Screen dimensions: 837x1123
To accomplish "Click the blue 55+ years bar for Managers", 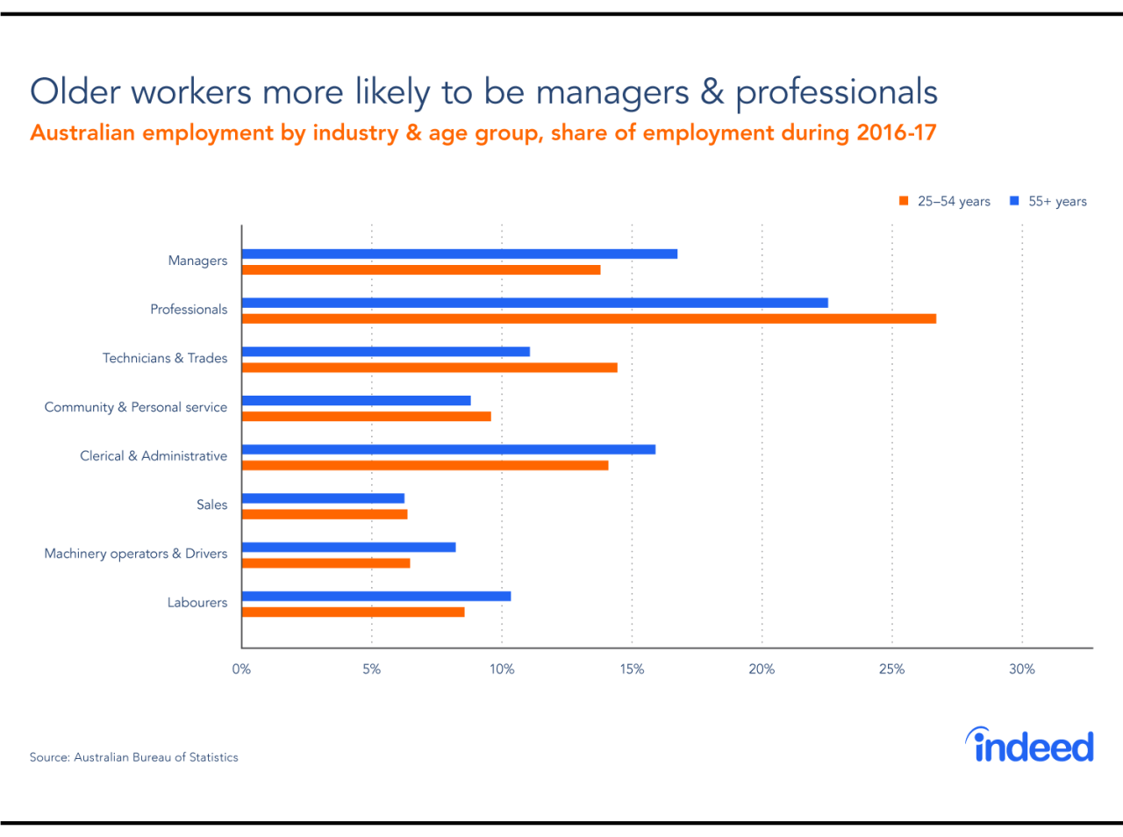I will coord(459,254).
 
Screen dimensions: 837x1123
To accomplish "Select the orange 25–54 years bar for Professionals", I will coord(589,318).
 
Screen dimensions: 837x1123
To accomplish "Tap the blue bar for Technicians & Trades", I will coord(385,352).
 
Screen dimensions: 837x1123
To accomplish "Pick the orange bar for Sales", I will coord(325,514).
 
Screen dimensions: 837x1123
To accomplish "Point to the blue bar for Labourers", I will coord(376,597).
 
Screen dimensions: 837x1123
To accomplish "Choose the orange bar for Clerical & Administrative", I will coord(425,465).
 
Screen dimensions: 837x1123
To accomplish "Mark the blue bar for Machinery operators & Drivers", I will coord(348,547).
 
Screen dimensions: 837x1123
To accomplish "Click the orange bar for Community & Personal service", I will coord(366,416).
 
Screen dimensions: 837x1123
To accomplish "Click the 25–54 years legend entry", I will coord(945,202).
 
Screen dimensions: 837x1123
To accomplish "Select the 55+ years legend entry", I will coord(1048,202).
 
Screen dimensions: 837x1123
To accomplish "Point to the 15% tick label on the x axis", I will coord(632,669).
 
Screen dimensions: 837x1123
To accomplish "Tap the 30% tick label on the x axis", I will coord(1021,669).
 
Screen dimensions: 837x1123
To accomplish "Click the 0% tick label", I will coord(241,669).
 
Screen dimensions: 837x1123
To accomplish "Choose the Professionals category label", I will coord(189,310).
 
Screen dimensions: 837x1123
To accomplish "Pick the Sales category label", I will coord(211,505).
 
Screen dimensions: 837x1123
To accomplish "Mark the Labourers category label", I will coord(197,603).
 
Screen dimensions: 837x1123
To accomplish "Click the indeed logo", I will coord(1030,746).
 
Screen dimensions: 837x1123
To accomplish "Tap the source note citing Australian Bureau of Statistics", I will coord(133,757).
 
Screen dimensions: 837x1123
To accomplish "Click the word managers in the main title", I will coord(612,93).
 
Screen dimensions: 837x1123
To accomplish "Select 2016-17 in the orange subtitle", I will coord(897,133).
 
